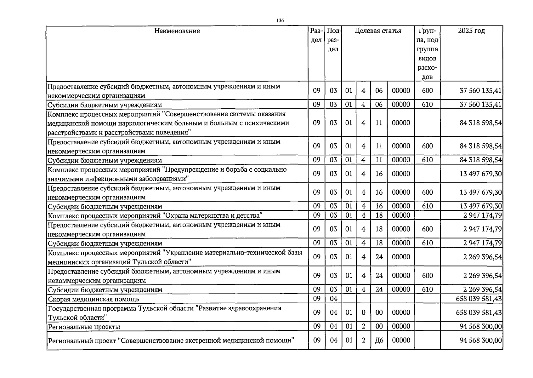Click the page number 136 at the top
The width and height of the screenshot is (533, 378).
[x=280, y=20]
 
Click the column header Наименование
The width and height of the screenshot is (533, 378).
[x=177, y=31]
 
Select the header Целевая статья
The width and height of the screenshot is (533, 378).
[x=378, y=31]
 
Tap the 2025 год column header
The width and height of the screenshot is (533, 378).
[x=471, y=31]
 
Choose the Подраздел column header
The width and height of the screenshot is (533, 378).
[x=333, y=40]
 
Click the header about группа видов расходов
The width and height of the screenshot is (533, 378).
[x=427, y=54]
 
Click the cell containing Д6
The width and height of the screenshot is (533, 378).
[x=379, y=340]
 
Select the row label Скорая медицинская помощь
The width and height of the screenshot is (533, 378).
[x=94, y=299]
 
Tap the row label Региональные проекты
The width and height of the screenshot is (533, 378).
[x=84, y=327]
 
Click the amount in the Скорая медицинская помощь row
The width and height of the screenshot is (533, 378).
[x=479, y=299]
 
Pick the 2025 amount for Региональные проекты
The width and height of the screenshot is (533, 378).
[x=481, y=326]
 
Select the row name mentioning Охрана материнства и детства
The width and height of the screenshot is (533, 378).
[x=155, y=216]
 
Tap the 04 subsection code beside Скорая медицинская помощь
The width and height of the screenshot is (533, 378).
[x=333, y=299]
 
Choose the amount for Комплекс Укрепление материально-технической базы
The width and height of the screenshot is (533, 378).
[x=482, y=257]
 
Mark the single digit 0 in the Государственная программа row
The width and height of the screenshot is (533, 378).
[x=363, y=312]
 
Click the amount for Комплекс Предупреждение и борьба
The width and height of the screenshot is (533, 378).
[x=481, y=174]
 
